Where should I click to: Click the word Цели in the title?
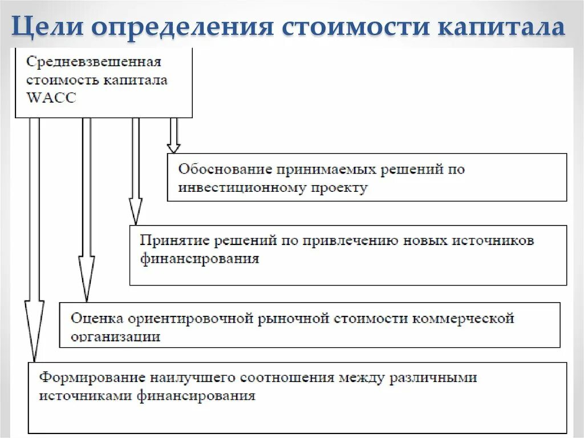44,27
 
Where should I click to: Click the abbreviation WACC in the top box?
51,98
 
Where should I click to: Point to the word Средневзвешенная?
94,62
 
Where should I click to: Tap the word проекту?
340,187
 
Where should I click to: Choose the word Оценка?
95,318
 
